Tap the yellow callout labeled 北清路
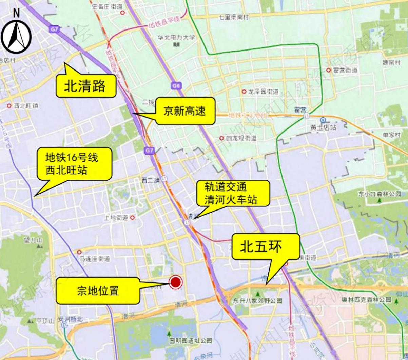tap(85, 86)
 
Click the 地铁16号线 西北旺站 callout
tap(74, 164)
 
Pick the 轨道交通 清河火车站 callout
tap(231, 193)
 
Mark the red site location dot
tap(175, 282)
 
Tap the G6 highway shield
tap(176, 86)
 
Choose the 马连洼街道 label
tap(95, 259)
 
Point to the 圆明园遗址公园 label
tap(191, 340)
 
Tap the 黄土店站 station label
tap(323, 128)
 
